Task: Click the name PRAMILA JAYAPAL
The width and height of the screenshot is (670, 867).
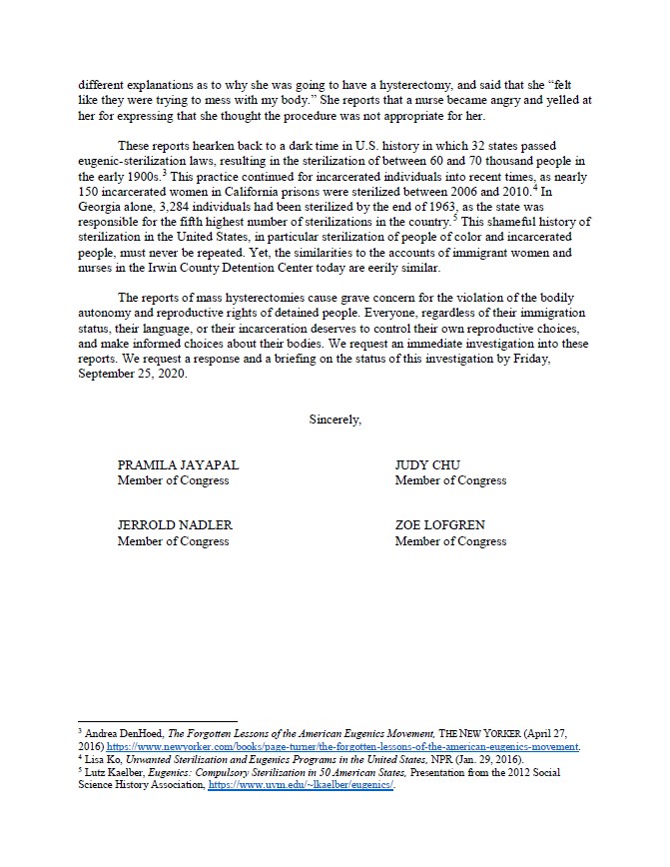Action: pos(179,465)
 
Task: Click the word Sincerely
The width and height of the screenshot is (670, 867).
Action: pos(335,420)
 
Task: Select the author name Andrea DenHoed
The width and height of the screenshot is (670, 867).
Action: pos(117,734)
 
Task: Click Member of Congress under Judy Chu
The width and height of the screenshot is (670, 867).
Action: pos(450,480)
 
